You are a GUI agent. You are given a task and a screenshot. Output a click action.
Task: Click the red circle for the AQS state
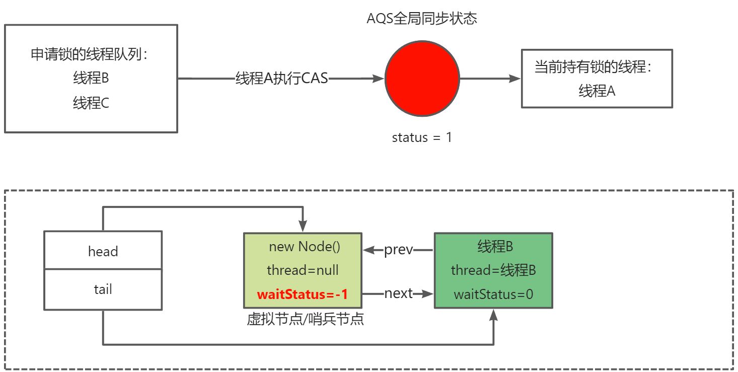tap(422, 79)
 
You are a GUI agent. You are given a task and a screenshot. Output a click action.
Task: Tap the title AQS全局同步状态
tap(422, 19)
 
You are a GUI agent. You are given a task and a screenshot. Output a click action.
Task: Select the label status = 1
tap(422, 137)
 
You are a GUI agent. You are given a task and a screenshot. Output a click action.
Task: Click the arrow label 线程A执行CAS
tap(281, 79)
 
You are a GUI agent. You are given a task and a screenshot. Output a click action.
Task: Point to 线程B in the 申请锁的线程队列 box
tap(91, 79)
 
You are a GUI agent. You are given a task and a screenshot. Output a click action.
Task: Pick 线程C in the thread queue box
tap(91, 103)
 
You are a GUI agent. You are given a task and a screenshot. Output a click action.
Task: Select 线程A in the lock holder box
tap(597, 91)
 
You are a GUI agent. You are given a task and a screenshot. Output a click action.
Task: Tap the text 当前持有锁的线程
tap(594, 67)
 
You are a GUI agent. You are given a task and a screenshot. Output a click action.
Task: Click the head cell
tap(103, 251)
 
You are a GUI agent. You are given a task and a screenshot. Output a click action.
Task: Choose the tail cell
tap(103, 289)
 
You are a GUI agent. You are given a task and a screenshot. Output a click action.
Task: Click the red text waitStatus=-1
tap(302, 294)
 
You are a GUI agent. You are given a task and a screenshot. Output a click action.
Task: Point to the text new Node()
tap(305, 247)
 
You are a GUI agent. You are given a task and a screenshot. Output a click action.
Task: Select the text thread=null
tap(303, 270)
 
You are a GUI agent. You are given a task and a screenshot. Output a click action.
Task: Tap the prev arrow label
tap(398, 250)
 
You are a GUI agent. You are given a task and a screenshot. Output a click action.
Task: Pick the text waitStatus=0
tap(493, 294)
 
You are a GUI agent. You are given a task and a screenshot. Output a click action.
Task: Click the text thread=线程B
tap(493, 270)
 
